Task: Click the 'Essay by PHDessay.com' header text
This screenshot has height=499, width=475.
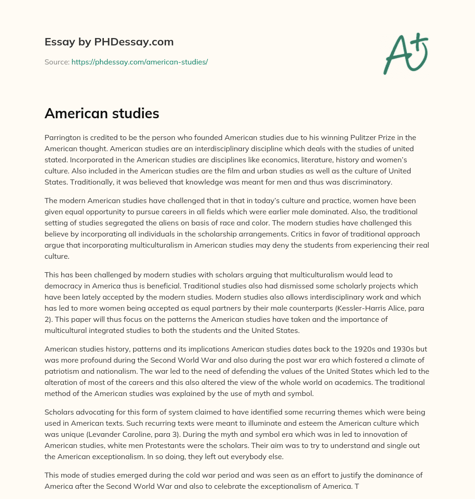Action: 109,42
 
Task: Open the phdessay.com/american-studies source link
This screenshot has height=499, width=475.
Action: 140,62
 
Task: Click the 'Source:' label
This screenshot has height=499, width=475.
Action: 57,62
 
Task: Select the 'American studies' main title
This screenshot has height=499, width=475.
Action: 102,113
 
